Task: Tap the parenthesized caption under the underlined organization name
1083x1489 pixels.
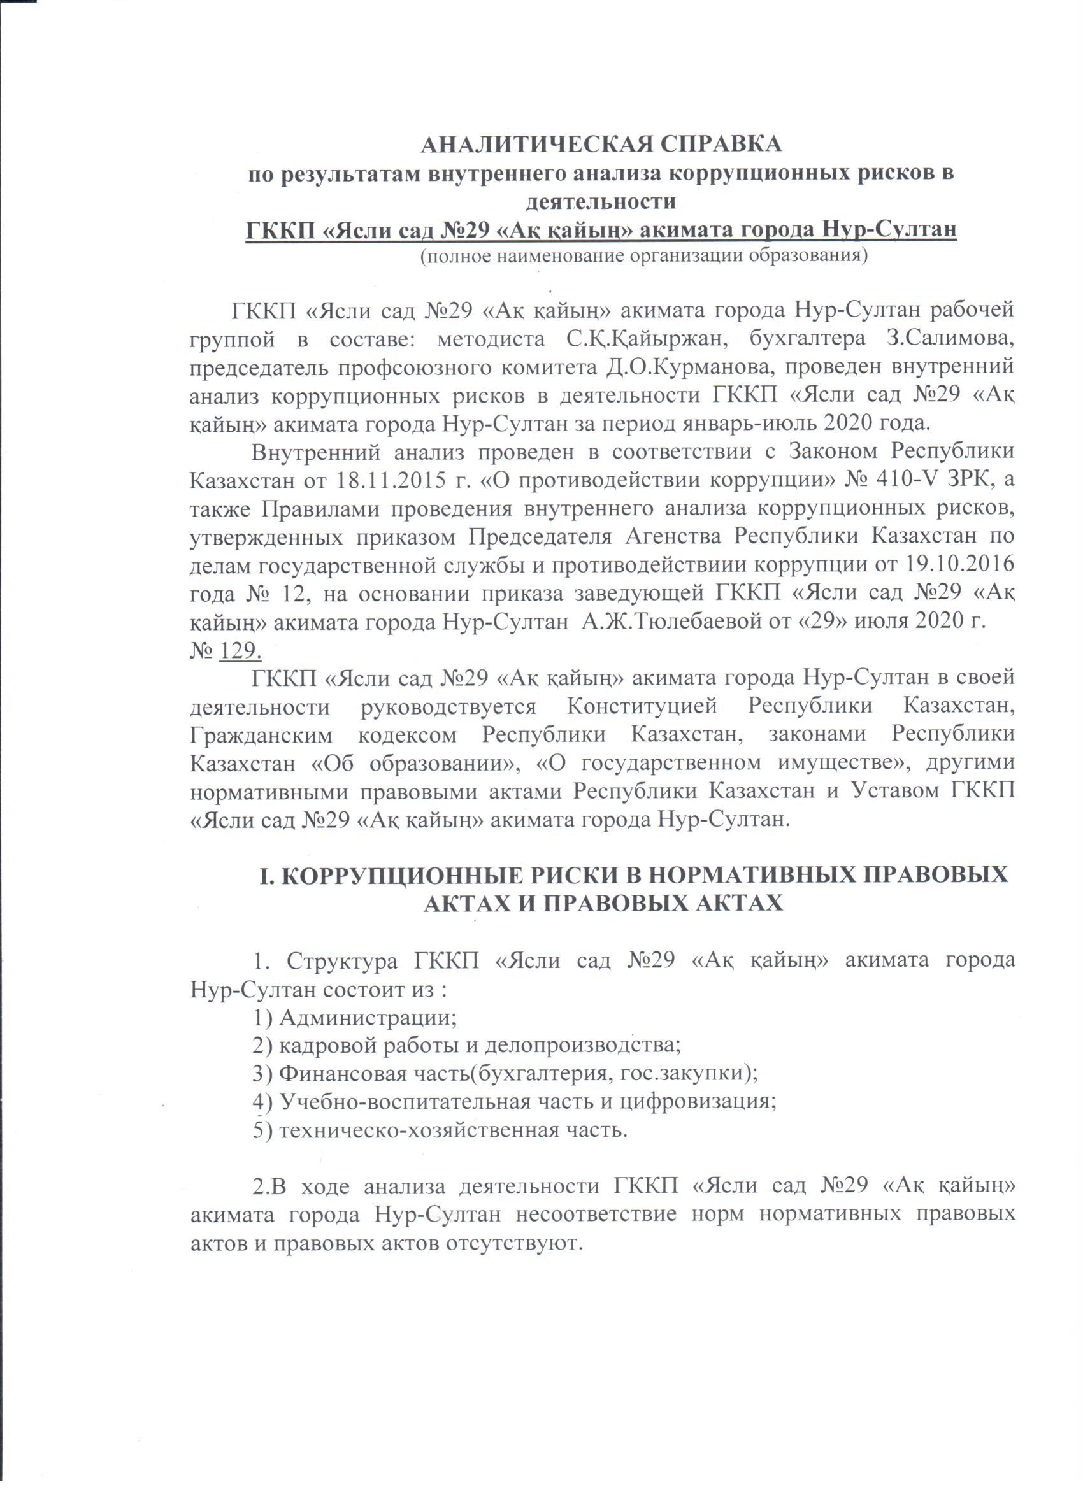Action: (643, 255)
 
